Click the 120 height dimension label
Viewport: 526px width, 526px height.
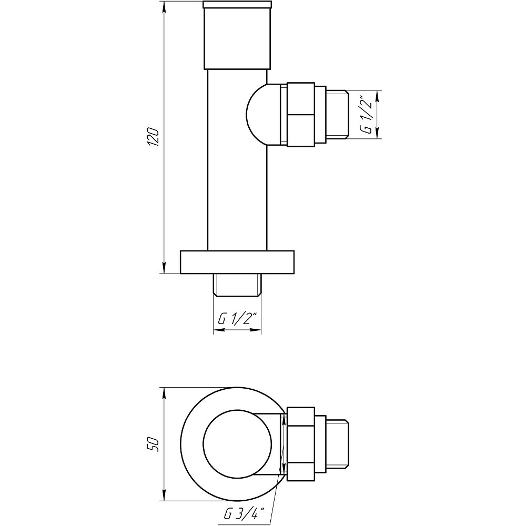[x=153, y=138]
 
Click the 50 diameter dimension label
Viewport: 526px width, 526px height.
[x=153, y=444]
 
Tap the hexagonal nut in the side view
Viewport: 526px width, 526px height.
[x=300, y=114]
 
